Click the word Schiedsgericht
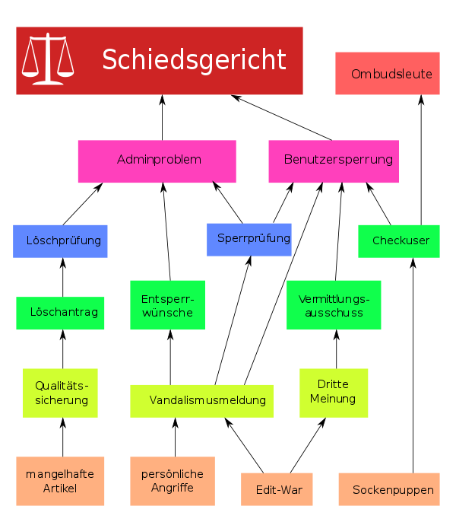pos(194,59)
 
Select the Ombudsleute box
pos(388,74)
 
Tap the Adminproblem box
pos(157,161)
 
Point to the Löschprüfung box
pos(61,241)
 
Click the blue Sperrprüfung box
pos(249,239)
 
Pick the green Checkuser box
pos(399,241)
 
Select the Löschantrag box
pos(61,313)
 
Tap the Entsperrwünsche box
pos(167,305)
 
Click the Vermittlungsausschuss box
pos(334,305)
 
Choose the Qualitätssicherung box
pos(61,393)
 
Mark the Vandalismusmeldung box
pos(202,400)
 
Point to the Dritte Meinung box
pos(334,393)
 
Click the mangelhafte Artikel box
pos(61,481)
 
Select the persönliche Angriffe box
pos(173,481)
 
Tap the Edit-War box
pos(277,489)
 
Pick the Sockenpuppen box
pos(389,489)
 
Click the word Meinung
pos(333,399)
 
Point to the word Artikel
pos(62,488)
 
